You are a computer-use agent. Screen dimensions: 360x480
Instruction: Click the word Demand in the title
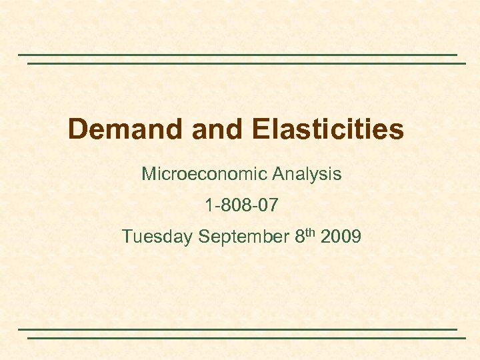point(126,129)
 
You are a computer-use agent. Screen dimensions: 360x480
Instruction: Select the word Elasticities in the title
point(328,129)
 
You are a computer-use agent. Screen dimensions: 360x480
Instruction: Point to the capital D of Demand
point(77,129)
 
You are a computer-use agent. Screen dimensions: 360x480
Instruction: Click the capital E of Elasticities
point(260,129)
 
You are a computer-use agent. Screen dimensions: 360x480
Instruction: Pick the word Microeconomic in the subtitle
point(204,175)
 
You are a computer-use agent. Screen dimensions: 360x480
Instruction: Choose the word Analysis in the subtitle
point(307,175)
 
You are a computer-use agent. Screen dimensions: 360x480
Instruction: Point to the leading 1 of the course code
point(210,205)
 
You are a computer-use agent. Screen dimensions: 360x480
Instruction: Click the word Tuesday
point(157,237)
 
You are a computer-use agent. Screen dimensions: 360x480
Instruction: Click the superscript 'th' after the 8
point(309,232)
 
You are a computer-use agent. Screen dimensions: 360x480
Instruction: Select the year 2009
point(340,237)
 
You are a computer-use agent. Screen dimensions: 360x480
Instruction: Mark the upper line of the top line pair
point(237,55)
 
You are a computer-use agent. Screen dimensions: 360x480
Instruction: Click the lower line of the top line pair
point(246,63)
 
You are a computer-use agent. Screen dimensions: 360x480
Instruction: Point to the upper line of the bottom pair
point(237,329)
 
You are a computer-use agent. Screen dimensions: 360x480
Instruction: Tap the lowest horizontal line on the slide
point(246,338)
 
